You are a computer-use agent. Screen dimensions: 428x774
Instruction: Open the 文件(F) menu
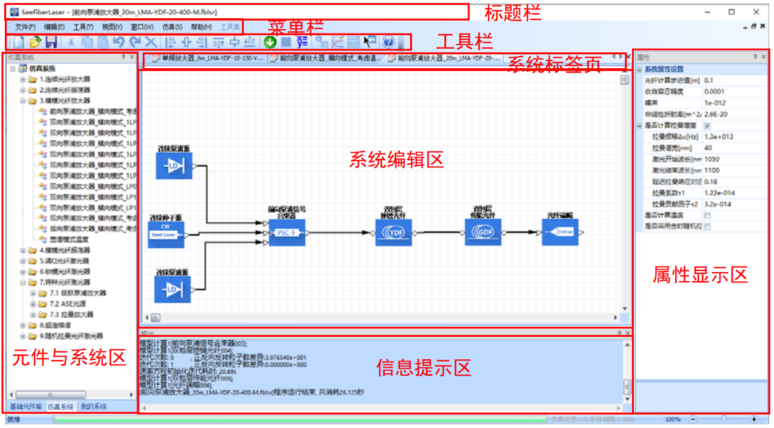[x=25, y=27]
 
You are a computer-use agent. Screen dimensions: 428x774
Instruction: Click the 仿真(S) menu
[x=172, y=27]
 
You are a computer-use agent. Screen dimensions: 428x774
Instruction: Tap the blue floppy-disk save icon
[x=52, y=42]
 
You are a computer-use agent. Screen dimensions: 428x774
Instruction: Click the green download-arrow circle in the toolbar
[x=271, y=42]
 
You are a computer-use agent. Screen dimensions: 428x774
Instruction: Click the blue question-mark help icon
[x=388, y=42]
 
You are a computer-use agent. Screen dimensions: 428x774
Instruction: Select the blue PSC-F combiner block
[x=286, y=232]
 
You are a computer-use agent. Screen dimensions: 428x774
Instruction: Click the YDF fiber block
[x=394, y=232]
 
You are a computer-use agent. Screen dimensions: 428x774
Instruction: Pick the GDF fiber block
[x=483, y=232]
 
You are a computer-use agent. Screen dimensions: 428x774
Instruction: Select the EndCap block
[x=559, y=232]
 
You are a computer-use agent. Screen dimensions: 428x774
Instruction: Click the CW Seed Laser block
[x=166, y=234]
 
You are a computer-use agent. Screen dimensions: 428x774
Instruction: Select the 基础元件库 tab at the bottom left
[x=25, y=406]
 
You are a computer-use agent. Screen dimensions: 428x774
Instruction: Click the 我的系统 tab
[x=93, y=406]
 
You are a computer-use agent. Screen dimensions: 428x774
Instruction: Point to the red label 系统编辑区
[x=396, y=160]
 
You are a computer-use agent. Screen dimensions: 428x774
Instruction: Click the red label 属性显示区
[x=700, y=275]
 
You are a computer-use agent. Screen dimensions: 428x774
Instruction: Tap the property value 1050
[x=712, y=159]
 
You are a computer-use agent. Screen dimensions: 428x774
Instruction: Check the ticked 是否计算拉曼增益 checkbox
[x=707, y=125]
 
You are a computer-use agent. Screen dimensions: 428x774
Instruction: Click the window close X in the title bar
[x=756, y=12]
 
